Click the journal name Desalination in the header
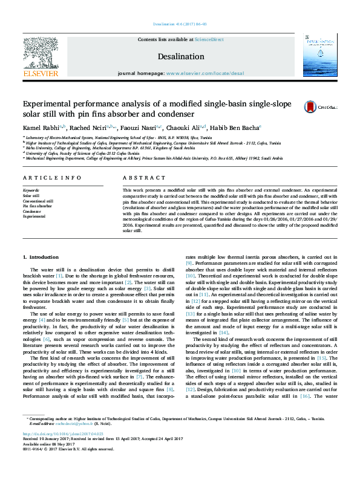coord(180,56)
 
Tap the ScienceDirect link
coord(209,39)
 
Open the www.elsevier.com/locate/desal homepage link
coord(205,73)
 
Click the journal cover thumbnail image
coord(319,55)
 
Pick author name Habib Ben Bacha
coord(236,128)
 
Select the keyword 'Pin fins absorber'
coord(38,206)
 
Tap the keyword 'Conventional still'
coord(38,201)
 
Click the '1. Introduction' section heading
coord(44,258)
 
